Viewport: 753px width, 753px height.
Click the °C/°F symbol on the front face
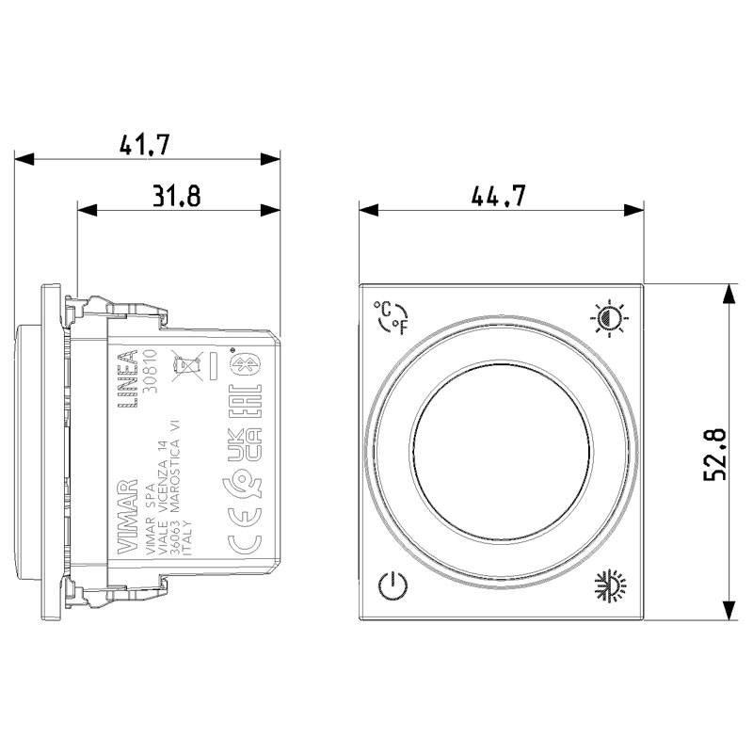[x=392, y=318]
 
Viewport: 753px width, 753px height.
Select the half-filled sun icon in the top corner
[x=609, y=318]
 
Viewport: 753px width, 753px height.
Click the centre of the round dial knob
[x=501, y=454]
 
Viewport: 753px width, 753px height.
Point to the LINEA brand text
[x=128, y=376]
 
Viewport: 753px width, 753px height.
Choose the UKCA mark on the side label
[x=241, y=443]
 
